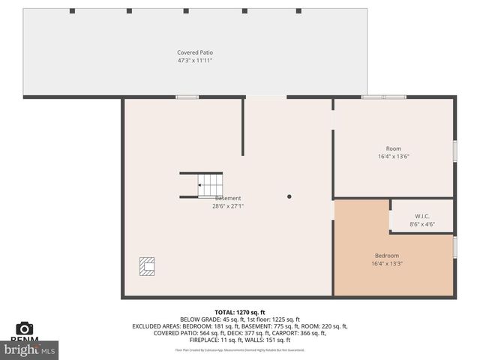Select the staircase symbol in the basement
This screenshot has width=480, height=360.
[210, 184]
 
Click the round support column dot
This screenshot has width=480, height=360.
[289, 196]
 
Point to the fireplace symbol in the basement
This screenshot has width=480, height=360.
[147, 265]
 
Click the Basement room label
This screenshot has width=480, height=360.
[228, 198]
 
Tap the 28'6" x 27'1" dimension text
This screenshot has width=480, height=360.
[228, 206]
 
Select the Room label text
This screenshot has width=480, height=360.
[394, 148]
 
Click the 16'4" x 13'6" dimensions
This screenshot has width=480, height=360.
[394, 157]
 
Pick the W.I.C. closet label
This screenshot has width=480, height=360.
[421, 216]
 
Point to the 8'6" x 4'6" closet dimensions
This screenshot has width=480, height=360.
[421, 224]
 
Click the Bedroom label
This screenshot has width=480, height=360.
[386, 256]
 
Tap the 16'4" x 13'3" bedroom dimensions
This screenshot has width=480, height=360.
[386, 264]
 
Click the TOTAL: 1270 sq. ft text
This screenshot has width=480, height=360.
[240, 312]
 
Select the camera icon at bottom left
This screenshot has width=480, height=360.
[25, 328]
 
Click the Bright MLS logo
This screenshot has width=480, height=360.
[30, 349]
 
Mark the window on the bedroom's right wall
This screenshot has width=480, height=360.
[454, 247]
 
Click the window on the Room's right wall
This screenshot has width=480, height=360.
[454, 150]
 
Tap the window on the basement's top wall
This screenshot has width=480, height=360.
[187, 97]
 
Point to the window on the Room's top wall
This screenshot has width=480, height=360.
[383, 97]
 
